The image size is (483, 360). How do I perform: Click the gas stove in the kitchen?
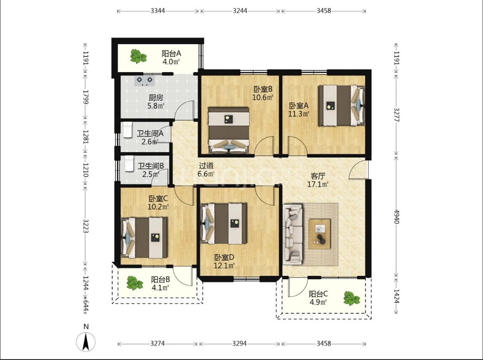(144, 80)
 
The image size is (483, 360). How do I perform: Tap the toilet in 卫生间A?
(128, 130)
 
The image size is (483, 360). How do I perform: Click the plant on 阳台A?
(138, 56)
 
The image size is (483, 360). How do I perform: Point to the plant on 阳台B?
(135, 283)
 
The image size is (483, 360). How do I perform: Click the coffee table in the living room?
(320, 234)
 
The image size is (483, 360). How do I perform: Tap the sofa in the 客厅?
(293, 234)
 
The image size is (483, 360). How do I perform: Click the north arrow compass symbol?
(86, 342)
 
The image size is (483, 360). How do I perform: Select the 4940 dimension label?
(396, 217)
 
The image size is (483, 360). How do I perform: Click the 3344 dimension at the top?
(158, 11)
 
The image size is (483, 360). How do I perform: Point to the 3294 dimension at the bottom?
(239, 343)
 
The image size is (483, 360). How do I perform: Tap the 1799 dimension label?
(85, 97)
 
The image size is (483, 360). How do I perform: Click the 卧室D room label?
(225, 257)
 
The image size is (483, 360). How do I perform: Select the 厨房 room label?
(156, 98)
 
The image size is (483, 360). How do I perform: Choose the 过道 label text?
(206, 166)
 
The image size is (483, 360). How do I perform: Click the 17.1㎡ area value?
(318, 185)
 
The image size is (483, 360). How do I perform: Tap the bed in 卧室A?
(342, 106)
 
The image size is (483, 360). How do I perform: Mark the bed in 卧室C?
(144, 238)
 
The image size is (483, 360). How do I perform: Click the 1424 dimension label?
(396, 296)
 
